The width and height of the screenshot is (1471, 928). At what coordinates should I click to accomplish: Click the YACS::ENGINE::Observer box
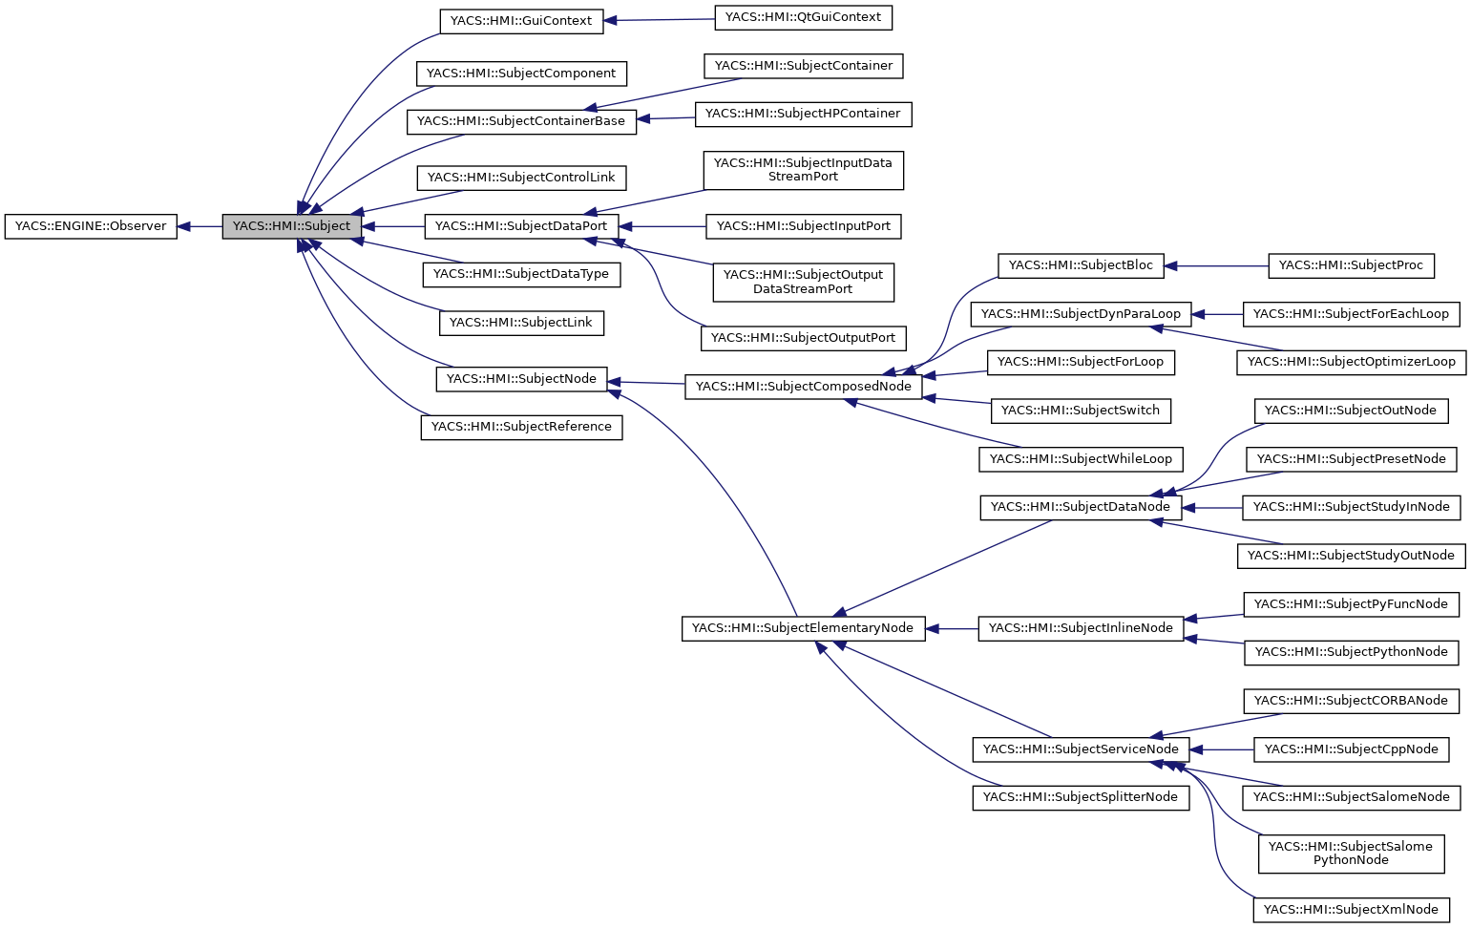91,226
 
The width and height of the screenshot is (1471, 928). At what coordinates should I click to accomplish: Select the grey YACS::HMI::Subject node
292,226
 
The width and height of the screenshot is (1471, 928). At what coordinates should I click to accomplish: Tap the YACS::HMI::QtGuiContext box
804,17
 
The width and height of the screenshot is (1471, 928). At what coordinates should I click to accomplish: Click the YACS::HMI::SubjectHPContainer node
803,114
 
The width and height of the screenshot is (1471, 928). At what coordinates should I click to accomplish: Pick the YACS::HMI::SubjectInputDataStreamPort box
803,170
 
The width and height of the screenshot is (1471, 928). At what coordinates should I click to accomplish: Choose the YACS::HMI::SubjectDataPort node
521,226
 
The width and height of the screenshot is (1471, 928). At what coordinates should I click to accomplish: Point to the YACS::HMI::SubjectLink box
521,323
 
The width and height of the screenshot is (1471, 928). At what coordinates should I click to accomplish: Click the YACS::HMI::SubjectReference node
521,427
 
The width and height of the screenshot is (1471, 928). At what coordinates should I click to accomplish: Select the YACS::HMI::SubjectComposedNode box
804,387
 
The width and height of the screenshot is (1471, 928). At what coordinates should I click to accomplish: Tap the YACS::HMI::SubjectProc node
1351,265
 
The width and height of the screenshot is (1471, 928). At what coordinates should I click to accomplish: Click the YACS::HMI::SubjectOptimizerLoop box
1351,362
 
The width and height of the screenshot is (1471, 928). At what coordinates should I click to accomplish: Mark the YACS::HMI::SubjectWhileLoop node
1081,459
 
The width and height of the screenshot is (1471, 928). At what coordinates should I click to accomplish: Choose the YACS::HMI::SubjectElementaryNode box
803,628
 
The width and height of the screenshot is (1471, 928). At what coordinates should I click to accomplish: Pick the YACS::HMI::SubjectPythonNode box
1351,652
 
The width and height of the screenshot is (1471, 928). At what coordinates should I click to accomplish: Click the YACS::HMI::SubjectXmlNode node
1351,910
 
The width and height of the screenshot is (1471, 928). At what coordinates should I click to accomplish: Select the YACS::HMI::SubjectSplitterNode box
1081,797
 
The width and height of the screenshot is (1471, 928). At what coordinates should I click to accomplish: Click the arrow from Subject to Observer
200,226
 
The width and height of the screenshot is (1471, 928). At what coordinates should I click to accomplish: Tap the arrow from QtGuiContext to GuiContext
660,19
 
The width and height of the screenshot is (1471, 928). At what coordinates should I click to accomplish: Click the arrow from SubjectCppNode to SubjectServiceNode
1222,749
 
